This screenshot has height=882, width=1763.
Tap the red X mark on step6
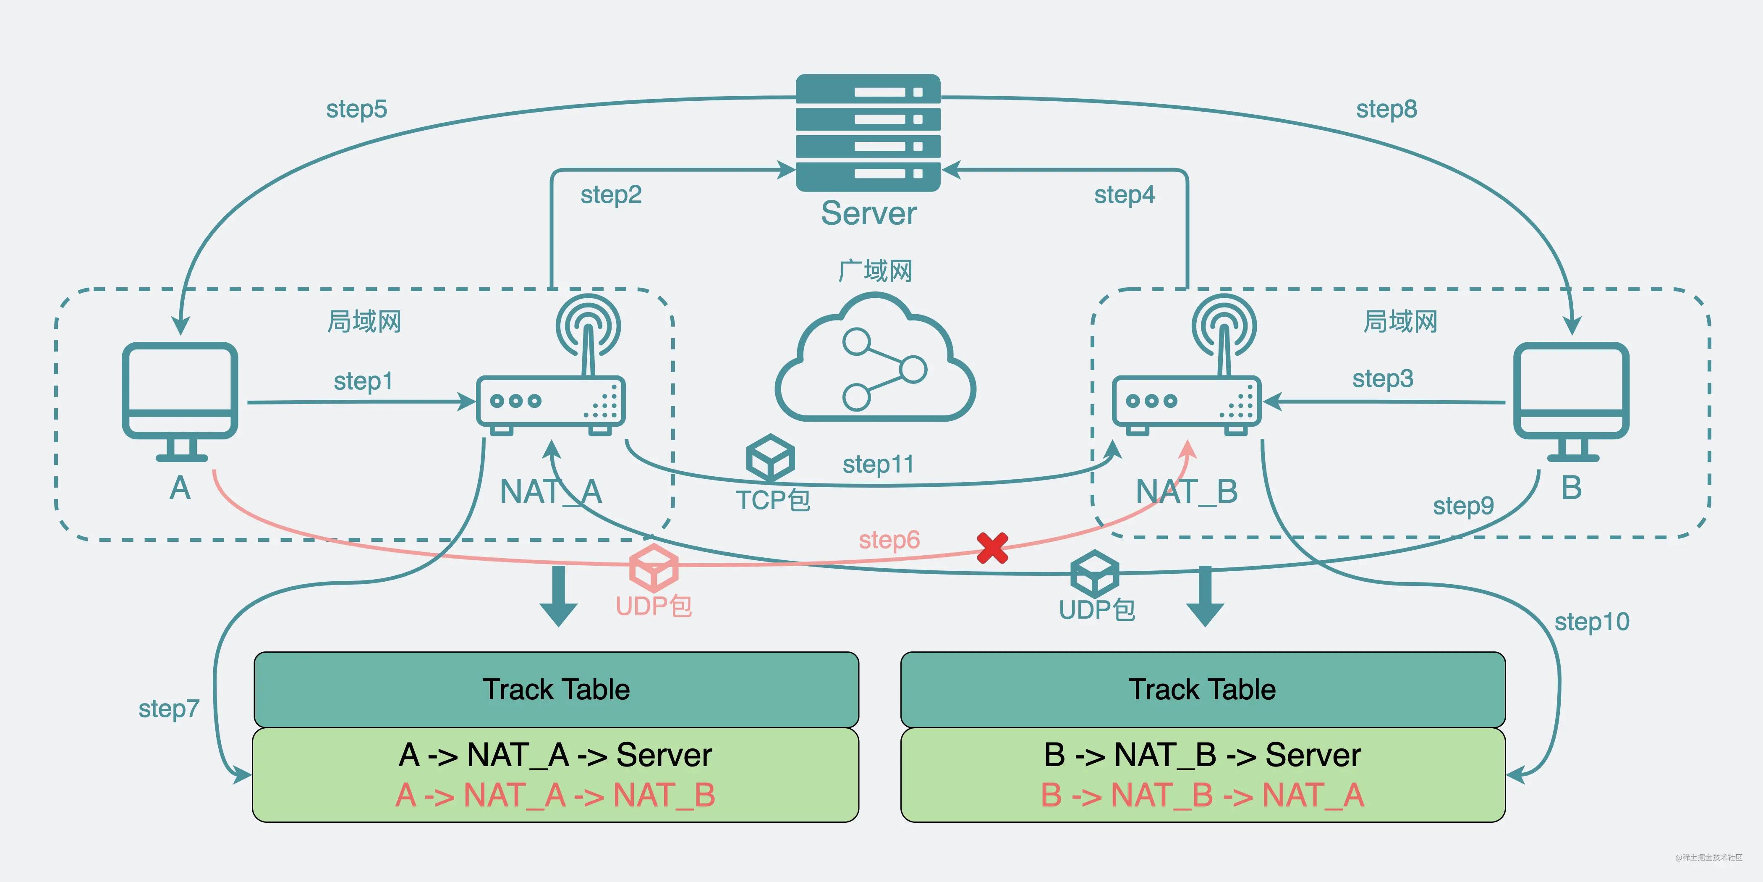point(991,548)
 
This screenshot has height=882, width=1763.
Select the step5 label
point(356,109)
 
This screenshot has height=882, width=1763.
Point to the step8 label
point(1386,109)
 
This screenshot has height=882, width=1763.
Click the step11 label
point(878,464)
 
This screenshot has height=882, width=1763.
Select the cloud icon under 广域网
point(875,360)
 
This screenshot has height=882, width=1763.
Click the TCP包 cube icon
point(770,457)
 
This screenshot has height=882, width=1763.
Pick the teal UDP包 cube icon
point(1094,573)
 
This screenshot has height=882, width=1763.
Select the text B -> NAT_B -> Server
point(1203,755)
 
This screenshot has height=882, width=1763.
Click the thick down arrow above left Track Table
point(558,596)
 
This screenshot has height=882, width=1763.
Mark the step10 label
point(1592,622)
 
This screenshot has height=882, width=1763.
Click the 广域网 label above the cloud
point(875,271)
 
